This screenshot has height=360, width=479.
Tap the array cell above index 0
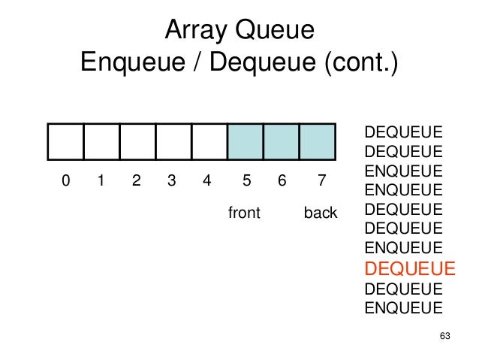(65, 141)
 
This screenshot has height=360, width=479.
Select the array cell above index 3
(173, 141)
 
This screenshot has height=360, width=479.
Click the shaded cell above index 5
(246, 141)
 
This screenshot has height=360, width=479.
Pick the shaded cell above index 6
(282, 141)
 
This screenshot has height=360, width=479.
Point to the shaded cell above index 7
(317, 141)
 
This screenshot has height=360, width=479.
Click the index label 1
(101, 180)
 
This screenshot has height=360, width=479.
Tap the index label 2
(136, 180)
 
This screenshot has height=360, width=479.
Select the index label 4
(208, 180)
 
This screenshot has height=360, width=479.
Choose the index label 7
(321, 180)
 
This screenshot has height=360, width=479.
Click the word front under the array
(243, 213)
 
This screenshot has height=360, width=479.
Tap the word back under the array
(321, 213)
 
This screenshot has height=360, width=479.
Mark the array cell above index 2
(137, 141)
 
